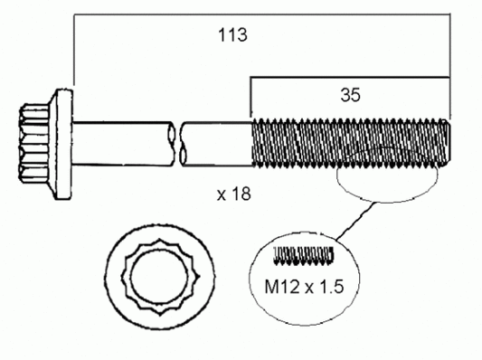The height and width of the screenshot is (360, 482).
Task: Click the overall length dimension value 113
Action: [x=232, y=36]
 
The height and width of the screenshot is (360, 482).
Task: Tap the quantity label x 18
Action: [x=234, y=194]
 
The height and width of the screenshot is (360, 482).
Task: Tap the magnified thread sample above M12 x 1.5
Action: [x=304, y=255]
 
